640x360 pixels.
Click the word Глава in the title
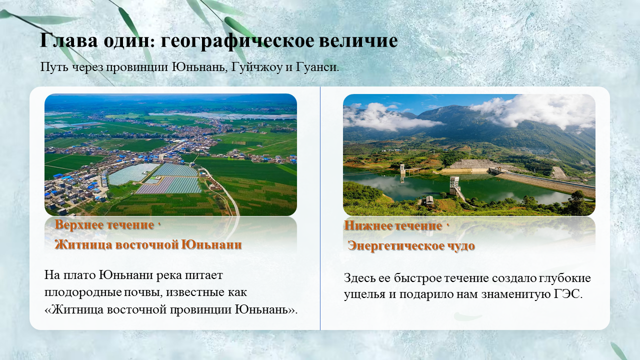(x=69, y=40)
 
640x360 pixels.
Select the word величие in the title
(x=358, y=40)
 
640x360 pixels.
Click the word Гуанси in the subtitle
(x=317, y=67)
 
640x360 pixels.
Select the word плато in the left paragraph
(x=79, y=275)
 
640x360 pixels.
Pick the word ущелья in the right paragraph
(x=364, y=295)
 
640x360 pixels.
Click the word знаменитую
(x=515, y=294)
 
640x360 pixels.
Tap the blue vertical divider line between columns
(x=320, y=208)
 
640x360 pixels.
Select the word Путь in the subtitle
(x=54, y=67)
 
